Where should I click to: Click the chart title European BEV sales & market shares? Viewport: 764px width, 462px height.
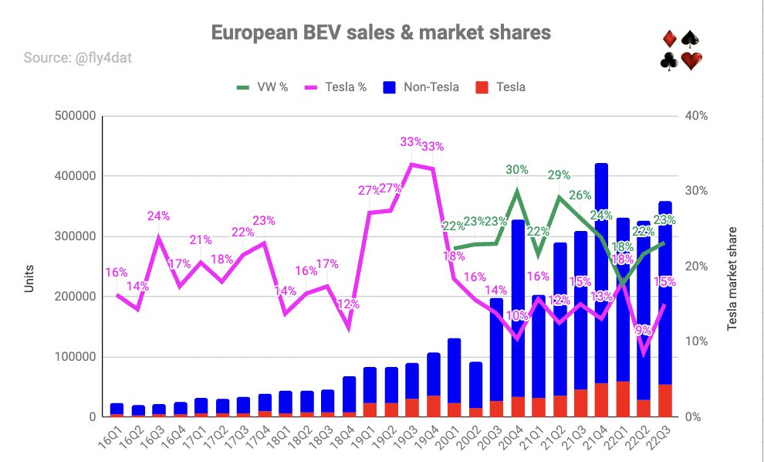coord(381,32)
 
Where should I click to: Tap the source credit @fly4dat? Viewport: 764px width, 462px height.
coord(103,58)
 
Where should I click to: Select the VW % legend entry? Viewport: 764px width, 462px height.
coord(262,87)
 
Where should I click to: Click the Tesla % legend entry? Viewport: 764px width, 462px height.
coord(339,87)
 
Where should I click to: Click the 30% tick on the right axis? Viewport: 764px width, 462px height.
coord(695,191)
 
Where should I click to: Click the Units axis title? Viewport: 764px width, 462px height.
coord(29,279)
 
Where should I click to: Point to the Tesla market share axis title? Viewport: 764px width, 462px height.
coord(732,279)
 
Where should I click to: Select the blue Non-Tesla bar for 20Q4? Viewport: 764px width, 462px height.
coord(518,308)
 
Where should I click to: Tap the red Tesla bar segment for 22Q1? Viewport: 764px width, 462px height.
coord(623,399)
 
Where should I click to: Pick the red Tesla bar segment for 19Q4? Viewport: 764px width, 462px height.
coord(434,406)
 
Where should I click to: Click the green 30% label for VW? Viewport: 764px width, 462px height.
coord(517,169)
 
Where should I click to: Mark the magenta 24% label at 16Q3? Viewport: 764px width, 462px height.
coord(159,216)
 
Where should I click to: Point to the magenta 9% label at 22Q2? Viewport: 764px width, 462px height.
coord(643,331)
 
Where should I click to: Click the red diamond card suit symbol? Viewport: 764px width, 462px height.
coord(670,39)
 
